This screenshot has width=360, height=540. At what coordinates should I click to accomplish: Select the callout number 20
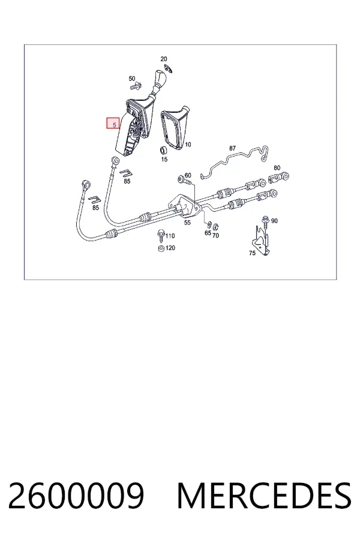coord(164,59)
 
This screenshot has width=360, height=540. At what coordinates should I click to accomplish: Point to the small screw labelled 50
coord(136,86)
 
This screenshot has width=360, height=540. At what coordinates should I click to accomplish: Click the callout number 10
coord(188,145)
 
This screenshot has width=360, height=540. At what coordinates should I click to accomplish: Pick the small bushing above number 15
coord(164,151)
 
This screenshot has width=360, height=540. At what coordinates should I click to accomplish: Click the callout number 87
coord(233,148)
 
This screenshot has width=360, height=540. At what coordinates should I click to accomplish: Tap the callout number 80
coord(277,168)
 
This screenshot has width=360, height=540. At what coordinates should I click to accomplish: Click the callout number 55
coord(187,223)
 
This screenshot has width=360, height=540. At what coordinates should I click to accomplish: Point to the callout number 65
coord(208,233)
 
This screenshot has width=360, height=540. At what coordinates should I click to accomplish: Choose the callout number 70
coord(215,236)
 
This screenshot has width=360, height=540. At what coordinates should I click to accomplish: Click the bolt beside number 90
coord(265,222)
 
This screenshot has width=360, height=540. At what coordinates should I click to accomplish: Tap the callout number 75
coord(252,253)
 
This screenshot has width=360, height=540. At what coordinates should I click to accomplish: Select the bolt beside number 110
coord(161,235)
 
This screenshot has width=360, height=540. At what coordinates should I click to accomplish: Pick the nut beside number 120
coord(161,248)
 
